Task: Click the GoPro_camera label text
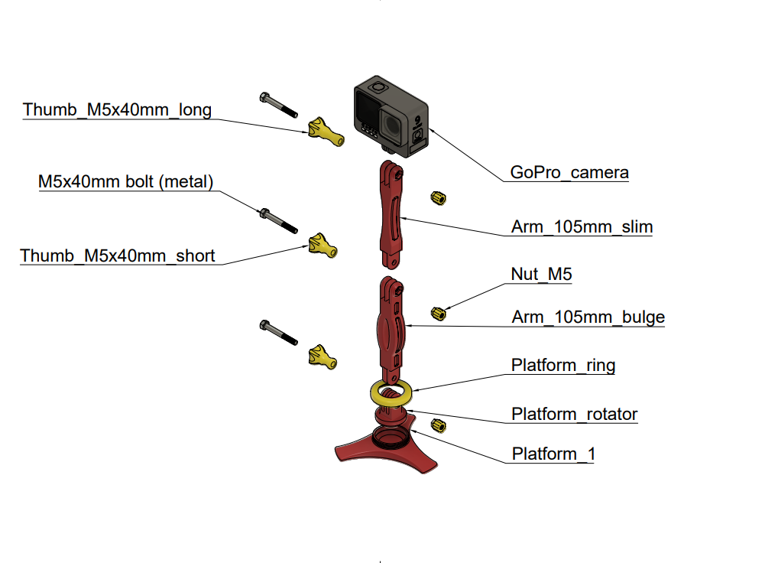569,172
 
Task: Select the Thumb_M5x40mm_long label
117,110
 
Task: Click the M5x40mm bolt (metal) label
126,182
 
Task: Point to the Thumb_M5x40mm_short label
118,255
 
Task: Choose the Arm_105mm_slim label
582,227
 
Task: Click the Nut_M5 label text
541,274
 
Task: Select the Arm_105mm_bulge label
588,317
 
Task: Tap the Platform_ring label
563,365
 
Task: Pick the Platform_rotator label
574,414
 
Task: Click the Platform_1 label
553,454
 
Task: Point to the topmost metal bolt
278,105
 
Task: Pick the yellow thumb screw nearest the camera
326,132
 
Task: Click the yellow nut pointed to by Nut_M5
439,313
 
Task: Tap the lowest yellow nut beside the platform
439,425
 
